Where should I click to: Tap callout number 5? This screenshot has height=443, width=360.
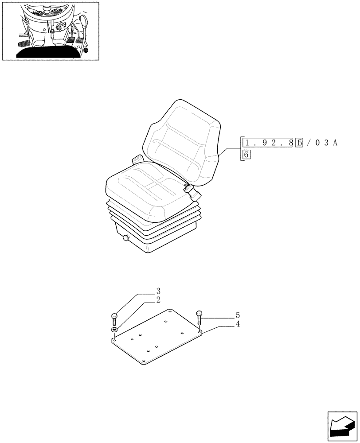238,315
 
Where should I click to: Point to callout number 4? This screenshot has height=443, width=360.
238,324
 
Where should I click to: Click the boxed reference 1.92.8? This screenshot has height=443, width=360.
268,143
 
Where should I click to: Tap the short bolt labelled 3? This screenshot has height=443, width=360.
114,319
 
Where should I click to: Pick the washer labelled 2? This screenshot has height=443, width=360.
114,330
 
